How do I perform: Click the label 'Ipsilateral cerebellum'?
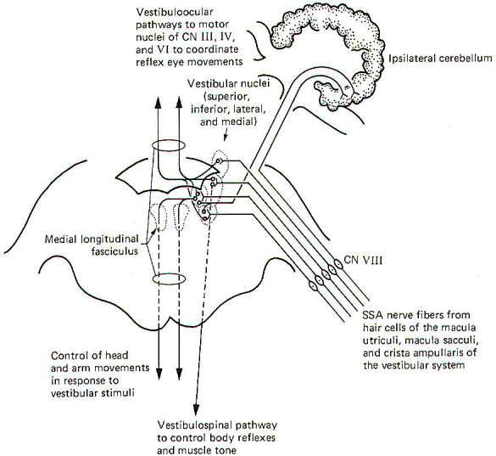pos(440,59)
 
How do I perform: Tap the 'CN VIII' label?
pos(363,261)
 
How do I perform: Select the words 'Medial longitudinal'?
pos(92,239)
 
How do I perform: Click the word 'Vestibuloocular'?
pos(175,12)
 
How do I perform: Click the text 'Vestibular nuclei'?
pos(228,84)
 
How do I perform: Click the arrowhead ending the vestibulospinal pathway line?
pos(196,409)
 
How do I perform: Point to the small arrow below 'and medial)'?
pos(226,135)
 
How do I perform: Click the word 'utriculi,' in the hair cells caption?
pos(382,340)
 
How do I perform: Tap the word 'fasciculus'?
pos(114,251)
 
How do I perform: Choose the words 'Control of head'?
pos(90,355)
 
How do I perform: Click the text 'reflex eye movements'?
pos(189,61)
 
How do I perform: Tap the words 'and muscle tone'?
pos(197,450)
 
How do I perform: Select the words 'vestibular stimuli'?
pos(92,393)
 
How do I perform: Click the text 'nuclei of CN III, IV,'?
pos(186,37)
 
